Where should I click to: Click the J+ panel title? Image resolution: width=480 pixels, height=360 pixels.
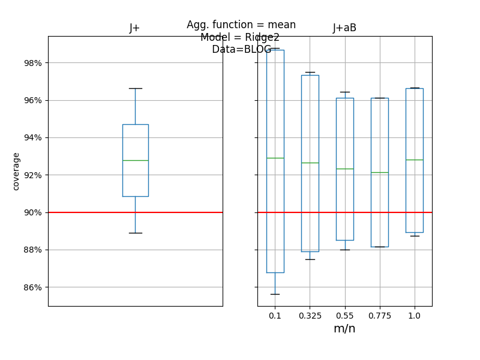[135, 28]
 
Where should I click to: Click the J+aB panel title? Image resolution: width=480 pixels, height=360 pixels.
[344, 28]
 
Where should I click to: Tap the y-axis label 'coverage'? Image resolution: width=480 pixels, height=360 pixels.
[16, 171]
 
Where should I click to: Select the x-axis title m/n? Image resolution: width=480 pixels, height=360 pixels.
[344, 329]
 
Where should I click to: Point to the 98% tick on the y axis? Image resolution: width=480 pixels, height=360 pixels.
[29, 63]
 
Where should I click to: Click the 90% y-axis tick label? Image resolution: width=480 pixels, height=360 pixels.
[29, 212]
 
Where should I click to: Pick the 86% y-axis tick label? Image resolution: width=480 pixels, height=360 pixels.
[29, 287]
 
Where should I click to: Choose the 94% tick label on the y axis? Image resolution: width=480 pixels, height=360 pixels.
[29, 137]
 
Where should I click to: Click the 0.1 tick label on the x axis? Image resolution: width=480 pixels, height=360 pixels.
[275, 316]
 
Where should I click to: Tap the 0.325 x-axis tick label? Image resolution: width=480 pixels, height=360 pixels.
[310, 316]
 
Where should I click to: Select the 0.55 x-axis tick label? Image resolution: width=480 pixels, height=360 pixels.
[344, 316]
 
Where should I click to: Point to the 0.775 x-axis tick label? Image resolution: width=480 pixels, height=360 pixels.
[379, 316]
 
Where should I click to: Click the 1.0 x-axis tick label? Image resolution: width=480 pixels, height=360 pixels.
[414, 316]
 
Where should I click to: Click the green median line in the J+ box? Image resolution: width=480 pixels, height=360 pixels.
[135, 160]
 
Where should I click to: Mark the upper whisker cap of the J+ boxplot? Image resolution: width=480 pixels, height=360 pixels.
[135, 88]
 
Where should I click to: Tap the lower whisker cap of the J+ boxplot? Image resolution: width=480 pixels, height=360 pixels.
[135, 233]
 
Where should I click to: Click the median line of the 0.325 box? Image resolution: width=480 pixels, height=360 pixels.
[310, 163]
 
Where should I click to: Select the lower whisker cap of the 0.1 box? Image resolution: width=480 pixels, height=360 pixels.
[275, 294]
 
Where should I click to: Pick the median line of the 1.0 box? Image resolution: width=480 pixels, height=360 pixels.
[414, 160]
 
